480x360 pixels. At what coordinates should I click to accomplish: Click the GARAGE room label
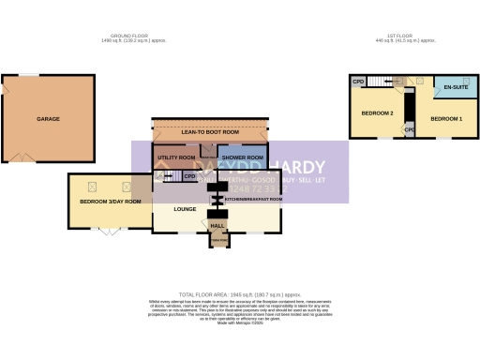pyautogui.click(x=48, y=120)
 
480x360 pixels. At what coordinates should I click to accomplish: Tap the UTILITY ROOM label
pyautogui.click(x=175, y=157)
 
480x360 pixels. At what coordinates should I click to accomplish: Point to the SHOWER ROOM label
pyautogui.click(x=242, y=157)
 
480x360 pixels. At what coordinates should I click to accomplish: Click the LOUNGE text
pyautogui.click(x=185, y=208)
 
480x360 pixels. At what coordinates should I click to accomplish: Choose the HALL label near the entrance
pyautogui.click(x=217, y=225)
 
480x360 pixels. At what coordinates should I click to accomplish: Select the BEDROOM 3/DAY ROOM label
pyautogui.click(x=110, y=202)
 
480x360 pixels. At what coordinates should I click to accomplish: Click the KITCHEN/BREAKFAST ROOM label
pyautogui.click(x=254, y=200)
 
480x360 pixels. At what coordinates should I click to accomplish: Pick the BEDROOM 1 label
pyautogui.click(x=446, y=119)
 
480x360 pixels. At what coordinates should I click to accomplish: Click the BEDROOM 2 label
pyautogui.click(x=377, y=113)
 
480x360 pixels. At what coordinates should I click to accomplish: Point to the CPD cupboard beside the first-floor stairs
pyautogui.click(x=358, y=82)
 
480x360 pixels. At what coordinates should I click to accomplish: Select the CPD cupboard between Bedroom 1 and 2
pyautogui.click(x=409, y=128)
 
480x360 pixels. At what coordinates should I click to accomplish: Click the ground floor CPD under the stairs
pyautogui.click(x=190, y=175)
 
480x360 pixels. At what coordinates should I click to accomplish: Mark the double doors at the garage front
pyautogui.click(x=22, y=157)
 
